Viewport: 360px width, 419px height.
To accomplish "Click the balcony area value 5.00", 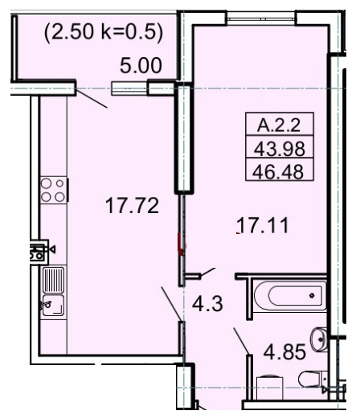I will click(x=141, y=65).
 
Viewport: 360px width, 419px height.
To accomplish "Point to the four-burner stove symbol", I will click(x=53, y=190).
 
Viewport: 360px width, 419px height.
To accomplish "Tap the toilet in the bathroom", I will click(x=310, y=378).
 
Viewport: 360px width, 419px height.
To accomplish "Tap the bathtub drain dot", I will click(x=312, y=296).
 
